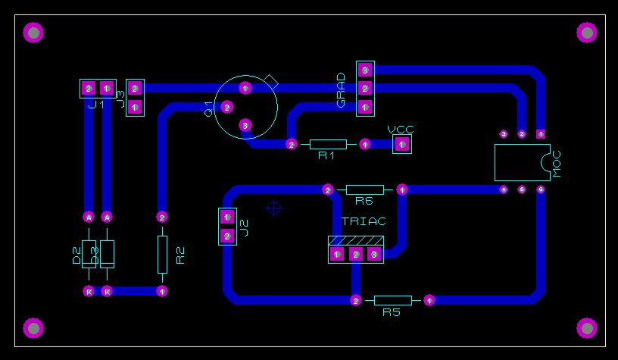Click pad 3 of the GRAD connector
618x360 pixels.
(x=365, y=70)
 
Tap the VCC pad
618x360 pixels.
(x=402, y=144)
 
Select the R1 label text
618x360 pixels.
(x=326, y=155)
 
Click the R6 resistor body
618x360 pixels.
(x=365, y=189)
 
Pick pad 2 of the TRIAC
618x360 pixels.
(x=355, y=255)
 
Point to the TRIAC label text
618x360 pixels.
(x=364, y=221)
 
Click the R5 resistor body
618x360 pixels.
(x=392, y=301)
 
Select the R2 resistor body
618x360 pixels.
(x=162, y=254)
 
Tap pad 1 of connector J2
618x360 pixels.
(x=226, y=218)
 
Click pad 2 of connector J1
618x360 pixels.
(x=89, y=89)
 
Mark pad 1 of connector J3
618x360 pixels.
(x=135, y=107)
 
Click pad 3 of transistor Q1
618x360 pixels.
(x=245, y=125)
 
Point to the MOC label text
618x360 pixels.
(x=557, y=163)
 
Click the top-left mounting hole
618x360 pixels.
(x=33, y=32)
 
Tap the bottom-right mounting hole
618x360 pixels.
(x=587, y=327)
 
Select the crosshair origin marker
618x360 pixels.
(x=274, y=208)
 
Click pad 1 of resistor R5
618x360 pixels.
(x=429, y=301)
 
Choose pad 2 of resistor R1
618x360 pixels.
(x=292, y=144)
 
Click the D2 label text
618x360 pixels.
(x=76, y=255)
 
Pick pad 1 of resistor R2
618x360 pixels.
(x=162, y=291)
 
